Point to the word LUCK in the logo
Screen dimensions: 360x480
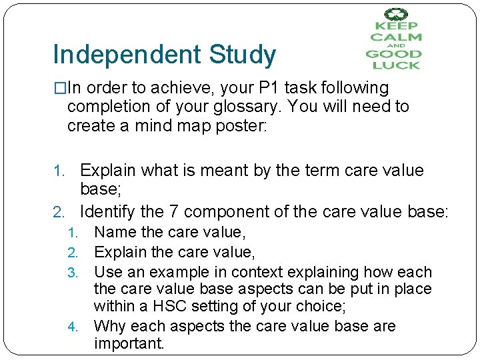point(396,65)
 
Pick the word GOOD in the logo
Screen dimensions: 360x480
point(393,54)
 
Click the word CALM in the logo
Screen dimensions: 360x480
point(396,38)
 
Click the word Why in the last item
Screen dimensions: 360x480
point(109,326)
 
